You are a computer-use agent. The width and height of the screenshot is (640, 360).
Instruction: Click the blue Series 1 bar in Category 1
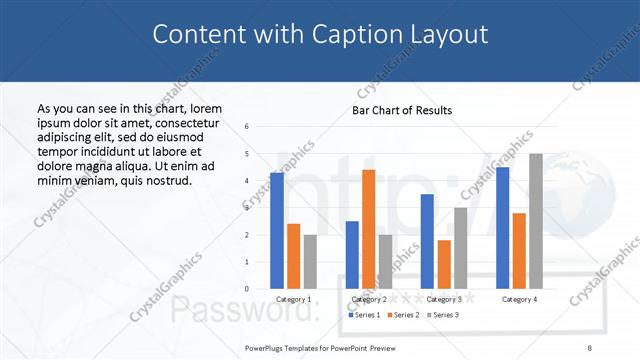point(277,231)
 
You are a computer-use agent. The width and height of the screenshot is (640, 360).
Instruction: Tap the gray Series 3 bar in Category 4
point(535,221)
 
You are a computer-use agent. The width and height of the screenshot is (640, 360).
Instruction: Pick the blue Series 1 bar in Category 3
point(427,241)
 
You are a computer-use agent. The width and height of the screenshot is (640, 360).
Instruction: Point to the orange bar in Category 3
point(444,264)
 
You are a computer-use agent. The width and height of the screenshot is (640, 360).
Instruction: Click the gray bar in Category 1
point(310,262)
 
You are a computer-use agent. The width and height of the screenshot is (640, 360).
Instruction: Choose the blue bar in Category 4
point(502,228)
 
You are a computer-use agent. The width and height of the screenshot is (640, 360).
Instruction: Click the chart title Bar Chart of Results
point(402,110)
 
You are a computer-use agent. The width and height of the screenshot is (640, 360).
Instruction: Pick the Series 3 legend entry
point(443,315)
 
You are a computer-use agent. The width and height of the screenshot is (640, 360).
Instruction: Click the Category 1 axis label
point(293,299)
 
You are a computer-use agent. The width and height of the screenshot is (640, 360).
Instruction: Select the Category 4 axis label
point(519,299)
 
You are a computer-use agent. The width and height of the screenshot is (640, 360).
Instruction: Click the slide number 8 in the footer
point(589,347)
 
